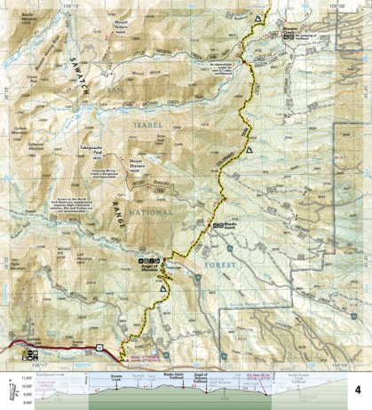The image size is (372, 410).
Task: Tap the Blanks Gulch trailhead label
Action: point(229,226)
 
